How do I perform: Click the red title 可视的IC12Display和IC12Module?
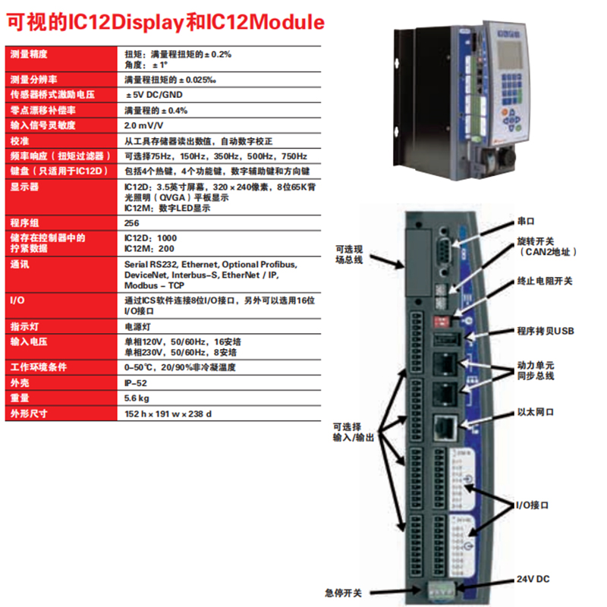(165, 22)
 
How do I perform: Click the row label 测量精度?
(29, 54)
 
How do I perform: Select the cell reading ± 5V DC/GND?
(154, 95)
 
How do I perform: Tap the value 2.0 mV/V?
(143, 125)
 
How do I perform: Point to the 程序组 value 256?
(131, 223)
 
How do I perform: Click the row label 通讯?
(20, 264)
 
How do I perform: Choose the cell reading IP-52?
(136, 383)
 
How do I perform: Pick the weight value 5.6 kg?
(137, 398)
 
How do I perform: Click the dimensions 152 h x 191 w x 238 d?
(168, 414)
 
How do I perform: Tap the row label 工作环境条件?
(39, 367)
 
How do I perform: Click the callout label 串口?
(526, 221)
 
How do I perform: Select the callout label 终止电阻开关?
(545, 281)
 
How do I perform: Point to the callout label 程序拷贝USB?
(546, 331)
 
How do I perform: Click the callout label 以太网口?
(536, 412)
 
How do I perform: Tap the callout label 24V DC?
(533, 579)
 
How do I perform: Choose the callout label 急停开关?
(344, 593)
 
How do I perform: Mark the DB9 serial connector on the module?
(444, 251)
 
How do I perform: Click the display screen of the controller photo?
(509, 54)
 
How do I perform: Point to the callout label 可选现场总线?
(349, 254)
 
